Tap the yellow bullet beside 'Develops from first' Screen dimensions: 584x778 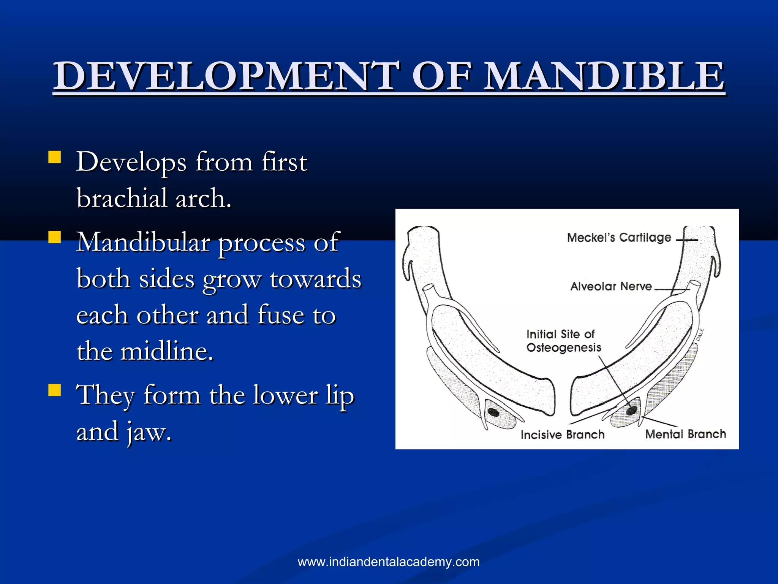click(x=55, y=157)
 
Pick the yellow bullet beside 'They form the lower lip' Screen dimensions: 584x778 click(x=55, y=390)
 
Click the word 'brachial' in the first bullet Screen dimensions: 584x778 click(x=122, y=198)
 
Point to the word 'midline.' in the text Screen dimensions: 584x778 click(x=167, y=351)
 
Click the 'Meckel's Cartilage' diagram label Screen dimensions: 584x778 click(x=619, y=238)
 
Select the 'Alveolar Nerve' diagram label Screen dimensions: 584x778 click(x=611, y=286)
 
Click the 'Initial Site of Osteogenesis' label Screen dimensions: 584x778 click(x=564, y=341)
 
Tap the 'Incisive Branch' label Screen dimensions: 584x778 click(x=562, y=435)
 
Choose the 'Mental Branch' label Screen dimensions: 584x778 click(x=685, y=434)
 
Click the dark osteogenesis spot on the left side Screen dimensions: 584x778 click(x=493, y=412)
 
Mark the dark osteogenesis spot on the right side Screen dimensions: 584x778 click(x=631, y=410)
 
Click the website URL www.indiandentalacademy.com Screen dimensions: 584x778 click(x=389, y=562)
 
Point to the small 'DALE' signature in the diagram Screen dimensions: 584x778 click(x=701, y=335)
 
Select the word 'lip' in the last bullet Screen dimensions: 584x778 click(x=340, y=395)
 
